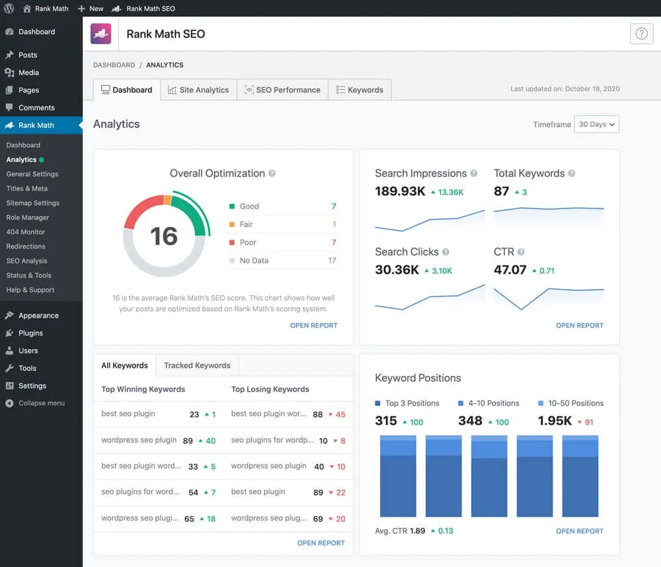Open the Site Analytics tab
[198, 90]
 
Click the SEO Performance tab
[282, 90]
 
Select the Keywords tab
[360, 90]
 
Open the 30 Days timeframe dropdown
[596, 124]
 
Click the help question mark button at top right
[641, 34]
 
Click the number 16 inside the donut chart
[163, 236]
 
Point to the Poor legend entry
[248, 242]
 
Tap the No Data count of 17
[332, 261]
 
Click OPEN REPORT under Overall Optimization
[313, 326]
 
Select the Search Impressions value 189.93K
[399, 192]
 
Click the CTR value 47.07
[510, 270]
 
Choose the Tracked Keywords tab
[197, 365]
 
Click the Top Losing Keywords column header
[270, 389]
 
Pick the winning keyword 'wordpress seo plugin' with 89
[139, 440]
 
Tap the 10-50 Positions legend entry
[575, 403]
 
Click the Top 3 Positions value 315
[386, 421]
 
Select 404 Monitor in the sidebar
[26, 232]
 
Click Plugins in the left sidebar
[30, 333]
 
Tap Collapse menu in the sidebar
[41, 403]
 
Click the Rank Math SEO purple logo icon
[101, 34]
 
